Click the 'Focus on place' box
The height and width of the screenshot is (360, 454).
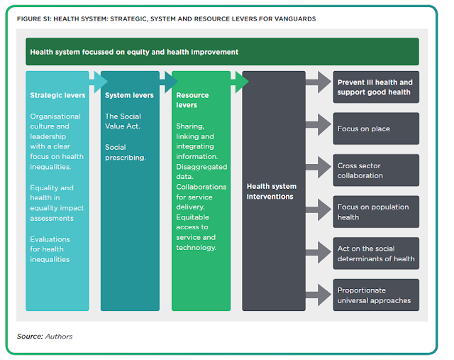point(376,129)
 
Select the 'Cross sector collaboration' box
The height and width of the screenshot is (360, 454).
point(376,170)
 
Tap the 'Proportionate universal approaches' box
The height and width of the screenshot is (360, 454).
point(376,295)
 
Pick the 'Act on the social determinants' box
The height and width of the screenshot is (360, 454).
point(376,253)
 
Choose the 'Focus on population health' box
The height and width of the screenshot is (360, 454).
point(376,212)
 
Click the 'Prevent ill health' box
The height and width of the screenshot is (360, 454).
point(376,87)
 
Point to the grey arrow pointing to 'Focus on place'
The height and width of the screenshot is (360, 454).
point(319,125)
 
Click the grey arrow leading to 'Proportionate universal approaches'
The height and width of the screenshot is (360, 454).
point(319,295)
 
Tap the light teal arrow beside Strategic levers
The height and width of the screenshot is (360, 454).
point(99,82)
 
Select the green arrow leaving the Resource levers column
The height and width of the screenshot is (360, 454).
point(240,82)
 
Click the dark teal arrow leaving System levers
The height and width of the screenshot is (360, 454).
point(169,82)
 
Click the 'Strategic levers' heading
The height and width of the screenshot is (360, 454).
point(57,95)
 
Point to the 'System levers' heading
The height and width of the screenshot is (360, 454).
point(129,95)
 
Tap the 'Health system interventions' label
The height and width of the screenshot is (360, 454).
point(272,191)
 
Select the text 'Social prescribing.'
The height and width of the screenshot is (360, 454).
point(126,152)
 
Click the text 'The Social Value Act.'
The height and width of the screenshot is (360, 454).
point(123,121)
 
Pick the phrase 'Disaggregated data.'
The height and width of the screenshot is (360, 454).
point(201,172)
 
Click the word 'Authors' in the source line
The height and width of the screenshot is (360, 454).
point(59,337)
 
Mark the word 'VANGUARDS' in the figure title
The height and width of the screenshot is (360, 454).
point(295,19)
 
